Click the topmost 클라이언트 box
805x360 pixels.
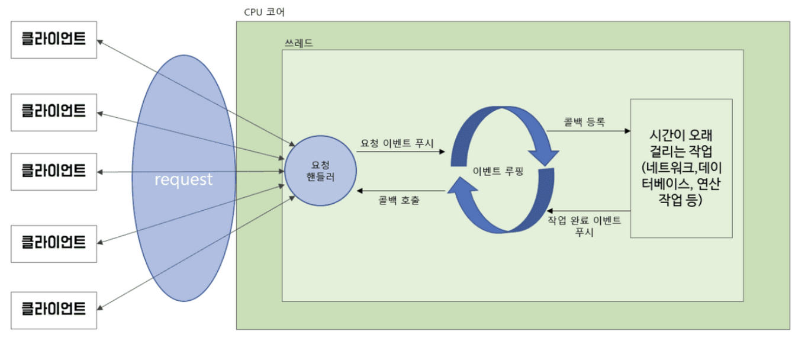coord(54,40)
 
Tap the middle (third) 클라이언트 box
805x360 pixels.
coord(54,172)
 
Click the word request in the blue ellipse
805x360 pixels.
coord(183,179)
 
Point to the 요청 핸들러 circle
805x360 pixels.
coord(320,171)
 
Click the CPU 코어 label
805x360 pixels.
coord(264,12)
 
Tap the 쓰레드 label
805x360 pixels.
coord(298,44)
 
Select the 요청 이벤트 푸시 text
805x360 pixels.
coord(397,143)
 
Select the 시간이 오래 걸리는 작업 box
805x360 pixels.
coord(681,169)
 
